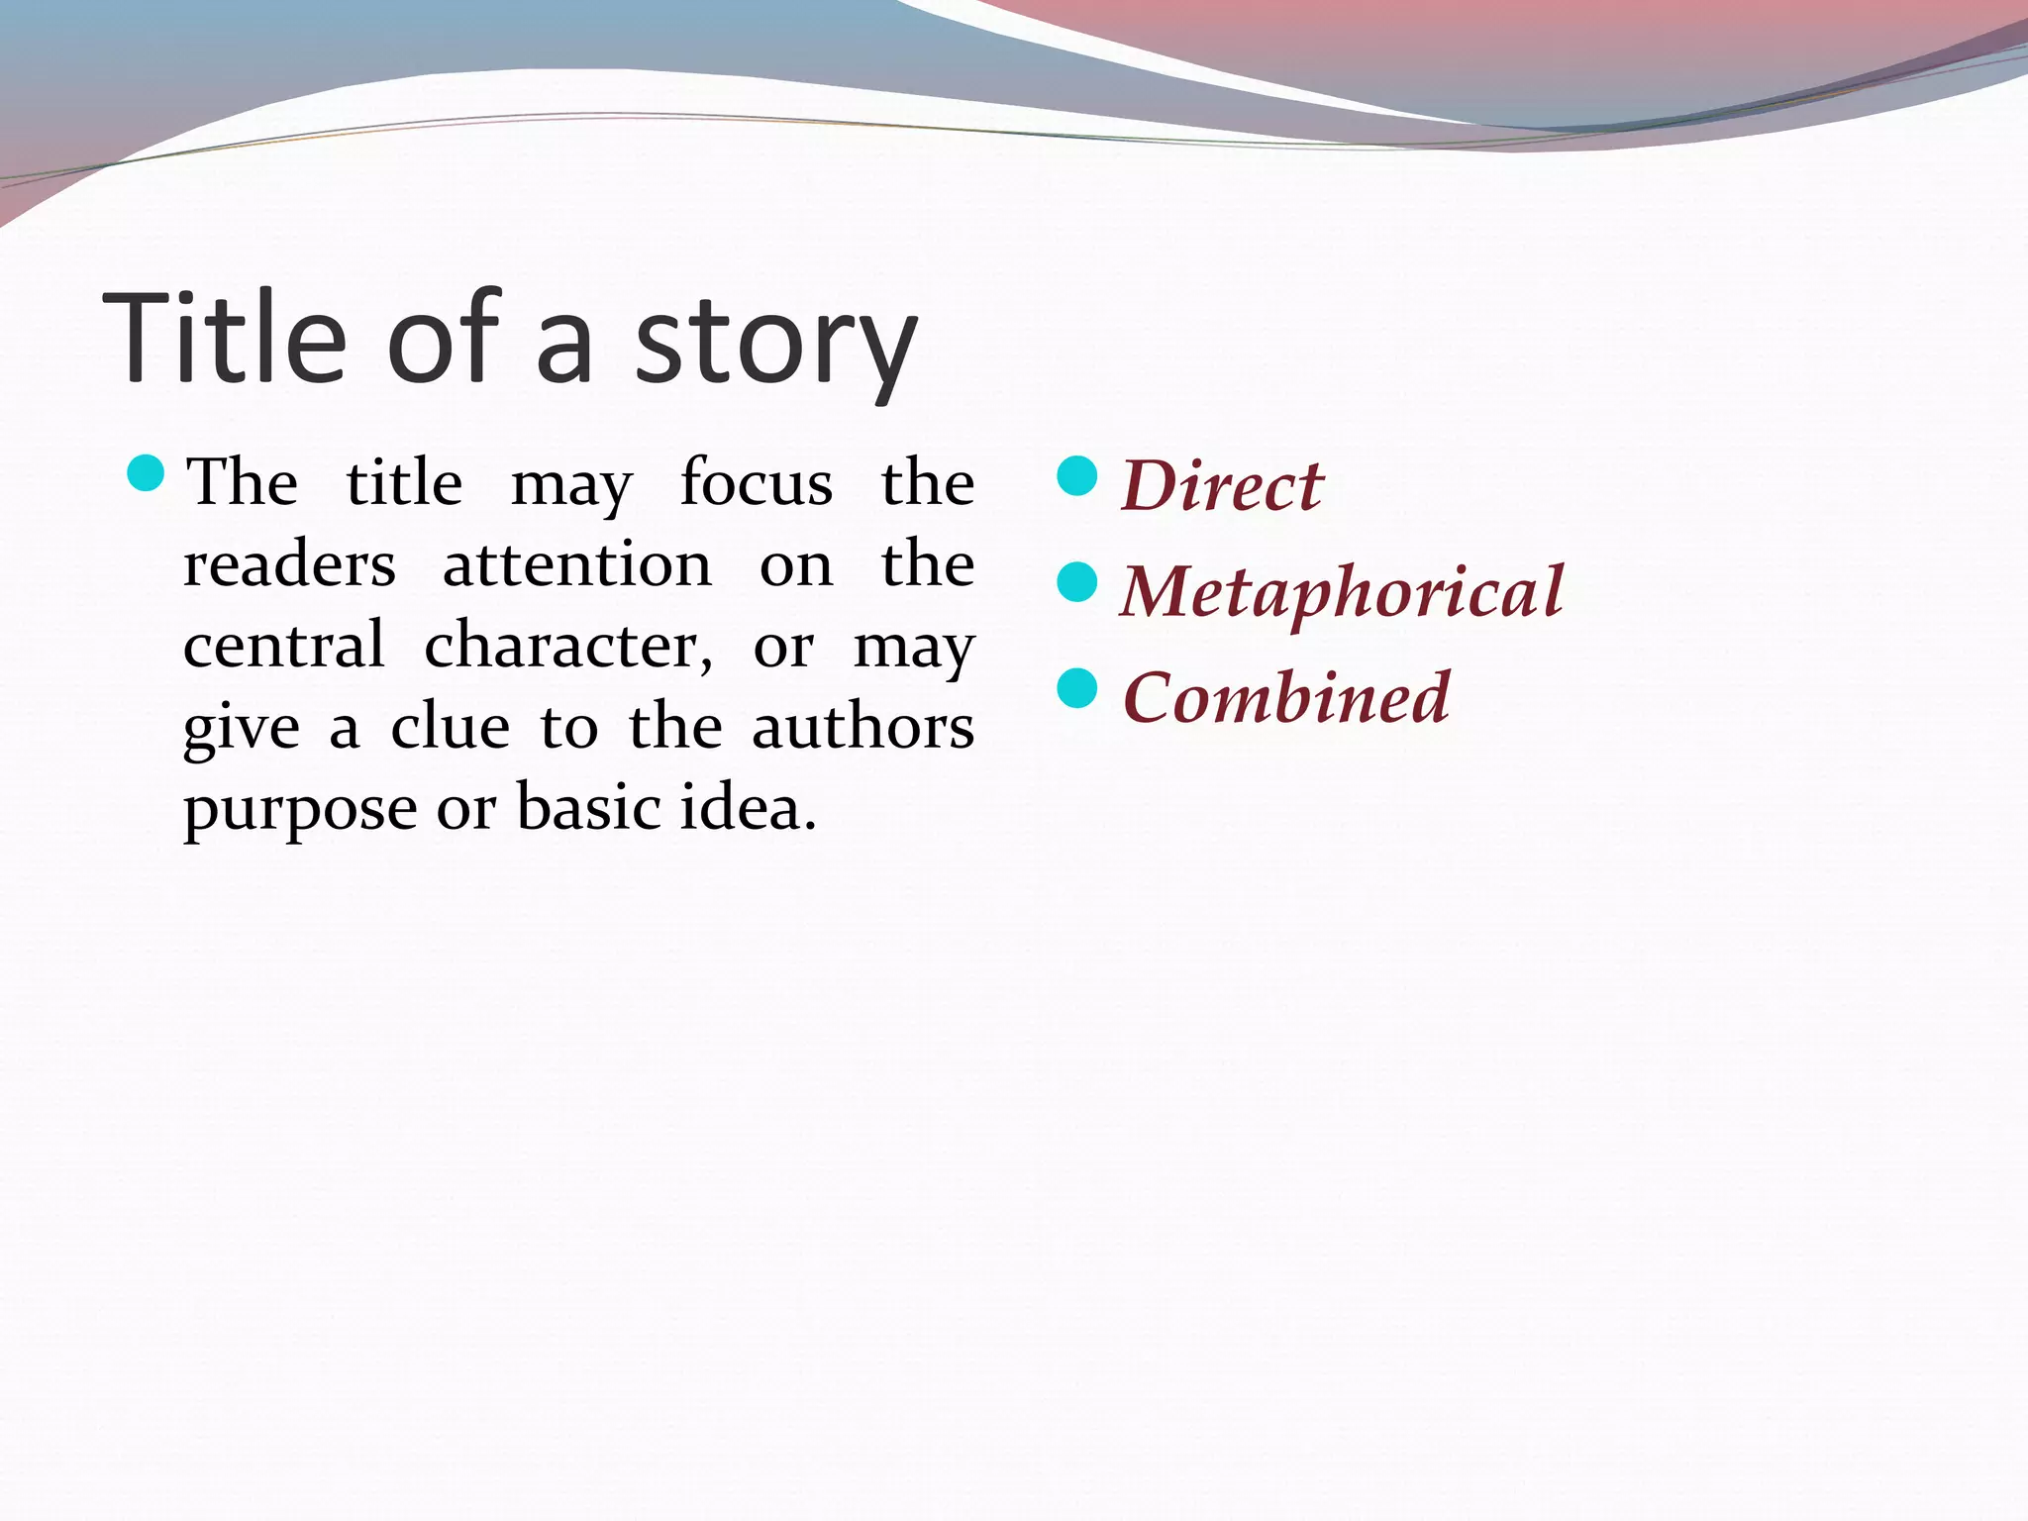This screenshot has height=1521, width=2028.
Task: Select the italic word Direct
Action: pos(1221,486)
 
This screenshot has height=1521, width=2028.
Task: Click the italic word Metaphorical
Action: pos(1342,592)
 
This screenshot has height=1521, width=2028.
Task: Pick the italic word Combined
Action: pos(1286,698)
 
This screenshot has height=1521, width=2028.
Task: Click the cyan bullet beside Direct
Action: pos(1077,476)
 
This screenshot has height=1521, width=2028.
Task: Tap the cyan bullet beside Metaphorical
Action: pos(1077,582)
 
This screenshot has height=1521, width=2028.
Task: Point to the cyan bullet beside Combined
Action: pos(1077,688)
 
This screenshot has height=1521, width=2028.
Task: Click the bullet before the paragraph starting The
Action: pos(146,473)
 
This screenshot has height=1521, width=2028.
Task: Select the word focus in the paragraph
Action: pos(757,483)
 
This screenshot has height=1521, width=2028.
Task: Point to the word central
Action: pos(283,646)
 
